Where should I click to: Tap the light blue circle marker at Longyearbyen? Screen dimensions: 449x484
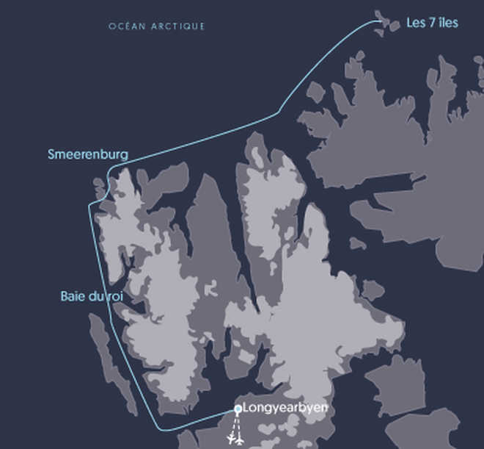click(238, 409)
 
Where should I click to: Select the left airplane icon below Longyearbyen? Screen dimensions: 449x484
click(232, 439)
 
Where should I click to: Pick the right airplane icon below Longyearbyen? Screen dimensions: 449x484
click(241, 439)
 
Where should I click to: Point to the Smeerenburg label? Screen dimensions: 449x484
click(88, 154)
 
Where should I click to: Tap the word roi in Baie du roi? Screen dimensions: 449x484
click(115, 296)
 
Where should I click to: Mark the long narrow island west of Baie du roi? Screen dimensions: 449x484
click(110, 360)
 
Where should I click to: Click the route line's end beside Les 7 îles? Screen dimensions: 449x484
click(381, 21)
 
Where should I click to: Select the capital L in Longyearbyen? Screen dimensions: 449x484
click(245, 408)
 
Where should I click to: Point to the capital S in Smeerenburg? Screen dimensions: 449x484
click(51, 154)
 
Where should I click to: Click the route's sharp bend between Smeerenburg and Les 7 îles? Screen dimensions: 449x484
click(278, 113)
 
